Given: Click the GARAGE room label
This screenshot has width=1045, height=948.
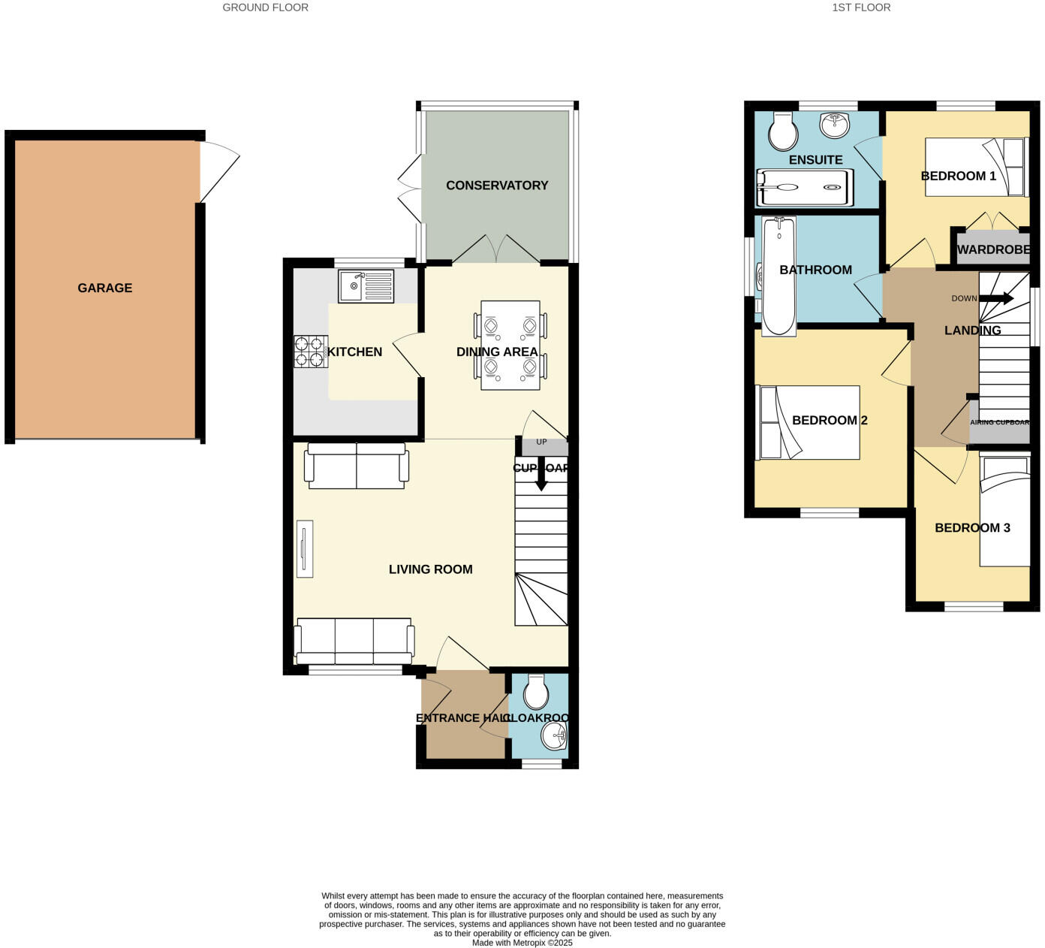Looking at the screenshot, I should click(x=105, y=288).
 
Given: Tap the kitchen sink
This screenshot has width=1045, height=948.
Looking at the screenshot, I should click(x=366, y=286).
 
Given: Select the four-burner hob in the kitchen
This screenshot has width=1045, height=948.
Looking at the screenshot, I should click(x=306, y=352).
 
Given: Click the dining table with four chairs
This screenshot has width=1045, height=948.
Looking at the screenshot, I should click(x=510, y=345).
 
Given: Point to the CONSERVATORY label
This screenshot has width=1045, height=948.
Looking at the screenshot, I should click(x=497, y=186).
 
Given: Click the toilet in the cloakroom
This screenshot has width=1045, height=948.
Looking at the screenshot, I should click(x=536, y=692).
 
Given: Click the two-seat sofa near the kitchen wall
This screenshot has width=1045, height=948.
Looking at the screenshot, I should click(x=357, y=465).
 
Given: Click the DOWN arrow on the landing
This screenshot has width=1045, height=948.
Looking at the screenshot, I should click(x=996, y=298).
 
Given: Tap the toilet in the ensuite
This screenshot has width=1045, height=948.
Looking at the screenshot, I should click(x=783, y=132).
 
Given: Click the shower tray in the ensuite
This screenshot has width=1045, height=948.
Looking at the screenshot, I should click(x=805, y=187).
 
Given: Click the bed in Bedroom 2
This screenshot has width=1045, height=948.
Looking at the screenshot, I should click(x=808, y=422).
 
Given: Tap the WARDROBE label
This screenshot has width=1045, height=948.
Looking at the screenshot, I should click(x=992, y=249).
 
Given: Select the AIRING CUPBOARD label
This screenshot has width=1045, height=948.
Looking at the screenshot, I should click(x=999, y=422).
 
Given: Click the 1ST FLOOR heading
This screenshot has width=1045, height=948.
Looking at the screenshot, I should click(x=861, y=8).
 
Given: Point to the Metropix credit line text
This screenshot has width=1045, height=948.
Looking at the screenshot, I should click(x=522, y=943).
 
